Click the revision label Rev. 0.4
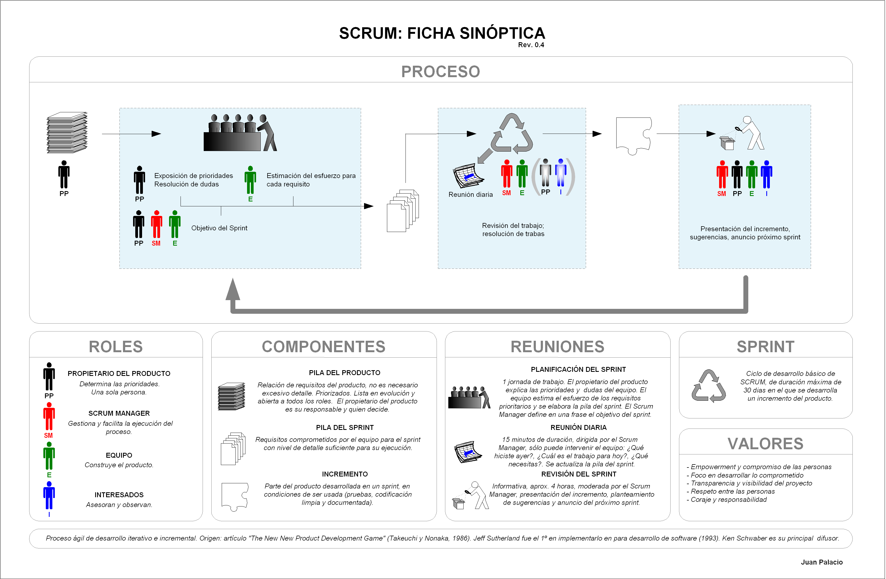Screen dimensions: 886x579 (531, 45)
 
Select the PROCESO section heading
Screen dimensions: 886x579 (440, 71)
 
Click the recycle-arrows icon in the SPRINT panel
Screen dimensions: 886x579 (708, 386)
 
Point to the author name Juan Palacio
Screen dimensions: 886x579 (822, 562)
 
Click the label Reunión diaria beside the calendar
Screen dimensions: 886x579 (471, 195)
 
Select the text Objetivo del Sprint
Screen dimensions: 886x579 (219, 228)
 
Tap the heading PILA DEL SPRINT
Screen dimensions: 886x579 (345, 427)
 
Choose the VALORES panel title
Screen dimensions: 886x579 (765, 444)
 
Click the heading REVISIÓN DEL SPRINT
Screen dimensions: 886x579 (578, 474)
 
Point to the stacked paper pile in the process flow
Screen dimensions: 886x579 (67, 132)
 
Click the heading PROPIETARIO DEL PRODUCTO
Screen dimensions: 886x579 (119, 373)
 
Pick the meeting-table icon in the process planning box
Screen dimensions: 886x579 (240, 132)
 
